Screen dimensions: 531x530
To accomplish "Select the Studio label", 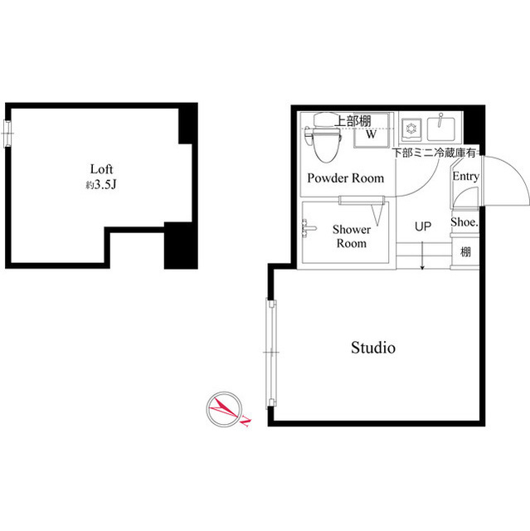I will coord(372,348).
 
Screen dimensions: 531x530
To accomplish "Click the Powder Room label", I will coord(345,178).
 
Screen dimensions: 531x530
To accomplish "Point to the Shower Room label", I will coord(350,236).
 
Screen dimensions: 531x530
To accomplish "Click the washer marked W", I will coord(372,134).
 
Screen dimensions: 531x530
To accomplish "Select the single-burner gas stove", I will coord(409,129).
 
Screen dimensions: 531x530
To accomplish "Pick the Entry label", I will coord(465,176).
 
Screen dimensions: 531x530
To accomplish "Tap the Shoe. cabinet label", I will coord(464,222).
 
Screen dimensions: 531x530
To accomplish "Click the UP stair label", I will coord(423,226).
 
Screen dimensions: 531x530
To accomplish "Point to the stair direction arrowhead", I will coord(423,266).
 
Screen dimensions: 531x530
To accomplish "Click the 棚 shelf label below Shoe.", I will coord(465,251).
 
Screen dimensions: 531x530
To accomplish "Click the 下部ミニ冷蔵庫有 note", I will coord(433,152).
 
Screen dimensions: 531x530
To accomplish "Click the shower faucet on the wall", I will coord(308,226).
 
